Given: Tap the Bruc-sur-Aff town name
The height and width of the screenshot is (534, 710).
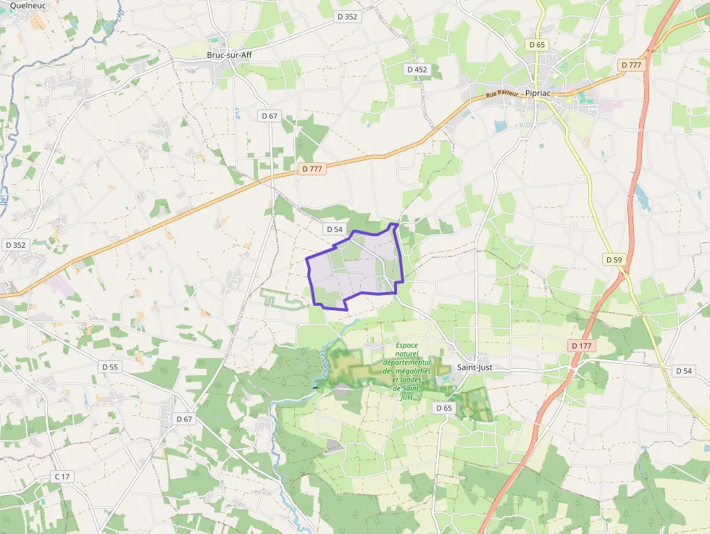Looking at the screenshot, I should pyautogui.click(x=229, y=54).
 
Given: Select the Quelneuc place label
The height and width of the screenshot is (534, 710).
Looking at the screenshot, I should pyautogui.click(x=28, y=4).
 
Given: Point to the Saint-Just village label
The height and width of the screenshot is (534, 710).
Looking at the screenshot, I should pyautogui.click(x=475, y=367).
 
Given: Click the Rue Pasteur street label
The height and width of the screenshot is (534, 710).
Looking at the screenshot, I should pyautogui.click(x=502, y=93).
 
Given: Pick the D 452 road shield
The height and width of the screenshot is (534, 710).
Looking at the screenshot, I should pyautogui.click(x=417, y=70).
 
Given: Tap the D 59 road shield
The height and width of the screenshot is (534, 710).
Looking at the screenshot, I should pyautogui.click(x=614, y=259).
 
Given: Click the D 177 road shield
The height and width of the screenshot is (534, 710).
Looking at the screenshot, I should pyautogui.click(x=581, y=346).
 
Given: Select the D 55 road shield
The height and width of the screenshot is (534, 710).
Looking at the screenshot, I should pyautogui.click(x=110, y=367).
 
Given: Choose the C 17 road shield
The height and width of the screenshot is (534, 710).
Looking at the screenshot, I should pyautogui.click(x=62, y=476).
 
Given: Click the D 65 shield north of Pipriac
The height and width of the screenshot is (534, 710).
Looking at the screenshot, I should pyautogui.click(x=537, y=45).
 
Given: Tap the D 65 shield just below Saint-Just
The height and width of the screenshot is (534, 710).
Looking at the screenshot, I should pyautogui.click(x=444, y=408).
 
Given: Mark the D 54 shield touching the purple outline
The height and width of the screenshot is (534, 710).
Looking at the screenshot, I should pyautogui.click(x=334, y=229).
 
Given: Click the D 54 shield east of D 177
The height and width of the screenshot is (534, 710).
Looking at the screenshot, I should pyautogui.click(x=684, y=370).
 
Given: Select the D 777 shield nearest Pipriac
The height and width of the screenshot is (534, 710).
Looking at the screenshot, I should pyautogui.click(x=631, y=65).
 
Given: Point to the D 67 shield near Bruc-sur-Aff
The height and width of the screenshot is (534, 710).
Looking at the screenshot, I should pyautogui.click(x=269, y=116).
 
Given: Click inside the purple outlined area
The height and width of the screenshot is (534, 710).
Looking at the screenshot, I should pyautogui.click(x=355, y=268).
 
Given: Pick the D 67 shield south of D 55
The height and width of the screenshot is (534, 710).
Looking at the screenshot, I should pyautogui.click(x=185, y=419).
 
